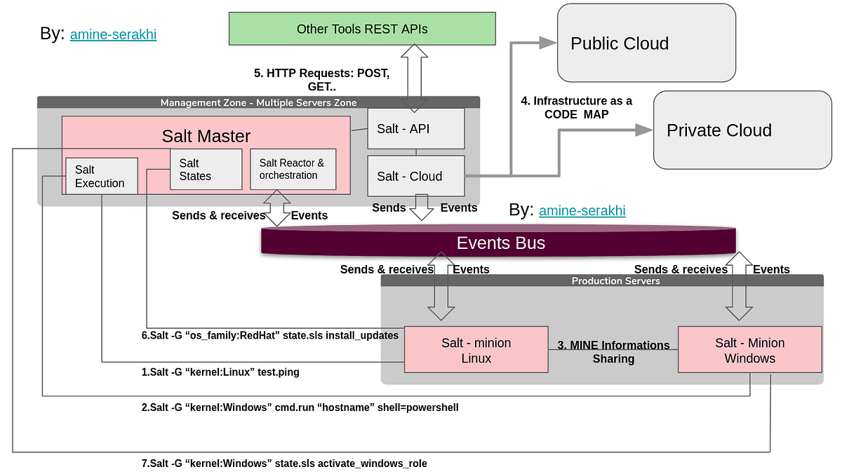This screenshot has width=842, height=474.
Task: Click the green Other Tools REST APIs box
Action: [362, 29]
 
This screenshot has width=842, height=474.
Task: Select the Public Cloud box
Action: [646, 43]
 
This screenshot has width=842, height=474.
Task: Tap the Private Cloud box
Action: [742, 130]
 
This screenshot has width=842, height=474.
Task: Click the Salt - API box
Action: [416, 128]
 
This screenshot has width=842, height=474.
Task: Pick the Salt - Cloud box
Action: [416, 176]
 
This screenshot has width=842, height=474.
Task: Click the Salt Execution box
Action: [100, 177]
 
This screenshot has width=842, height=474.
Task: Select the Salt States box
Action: [206, 169]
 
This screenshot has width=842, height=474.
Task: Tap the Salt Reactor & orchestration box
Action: [293, 169]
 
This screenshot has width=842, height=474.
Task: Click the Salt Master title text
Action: [206, 135]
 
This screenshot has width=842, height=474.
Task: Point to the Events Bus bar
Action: [500, 243]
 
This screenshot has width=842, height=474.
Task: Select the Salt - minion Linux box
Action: [476, 350]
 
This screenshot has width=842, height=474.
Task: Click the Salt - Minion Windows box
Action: [749, 350]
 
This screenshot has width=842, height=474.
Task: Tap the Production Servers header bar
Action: [601, 280]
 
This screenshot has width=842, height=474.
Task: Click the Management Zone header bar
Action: [258, 102]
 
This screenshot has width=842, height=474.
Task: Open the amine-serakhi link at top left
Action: [113, 34]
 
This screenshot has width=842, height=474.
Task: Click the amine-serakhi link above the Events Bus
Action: [582, 210]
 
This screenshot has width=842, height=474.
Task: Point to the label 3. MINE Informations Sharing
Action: [613, 352]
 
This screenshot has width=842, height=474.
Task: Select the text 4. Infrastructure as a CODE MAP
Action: [576, 107]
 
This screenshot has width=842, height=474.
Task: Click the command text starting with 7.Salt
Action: [284, 463]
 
